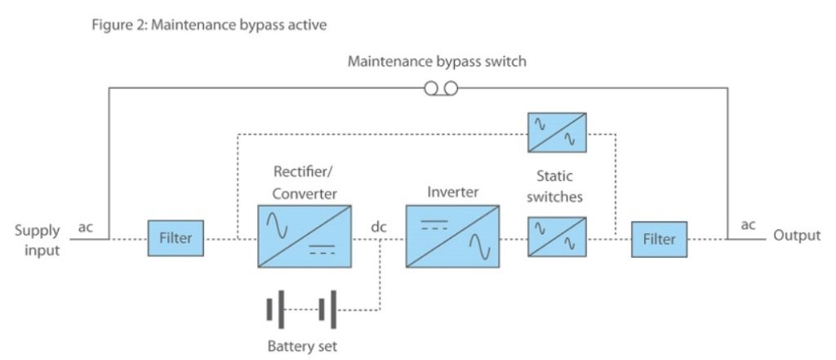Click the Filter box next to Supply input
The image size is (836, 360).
coord(176,239)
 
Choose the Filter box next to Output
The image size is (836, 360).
coord(659,239)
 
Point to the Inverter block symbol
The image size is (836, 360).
coord(453,237)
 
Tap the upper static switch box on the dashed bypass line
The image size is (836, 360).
coord(557,131)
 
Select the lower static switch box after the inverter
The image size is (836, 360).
coord(557,238)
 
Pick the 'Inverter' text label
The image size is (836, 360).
coord(453,193)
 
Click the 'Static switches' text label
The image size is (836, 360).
coord(559,186)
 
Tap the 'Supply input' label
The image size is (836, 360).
coord(37,241)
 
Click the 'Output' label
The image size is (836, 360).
coord(797,236)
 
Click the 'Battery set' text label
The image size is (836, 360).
coord(302,345)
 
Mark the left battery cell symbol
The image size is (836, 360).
coord(276,310)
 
